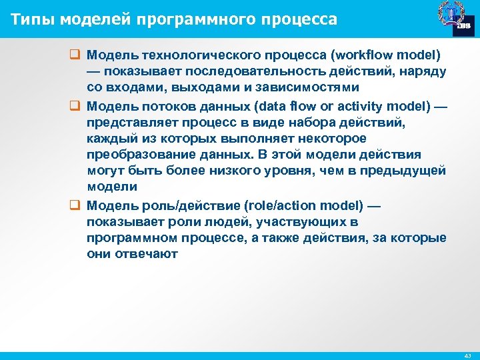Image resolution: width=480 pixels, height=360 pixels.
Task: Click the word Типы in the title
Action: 30,19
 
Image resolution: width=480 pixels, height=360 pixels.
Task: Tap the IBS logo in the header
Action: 462,26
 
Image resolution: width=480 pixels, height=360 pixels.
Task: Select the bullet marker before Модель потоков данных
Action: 75,106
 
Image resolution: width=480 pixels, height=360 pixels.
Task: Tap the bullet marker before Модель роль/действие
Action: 75,205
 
